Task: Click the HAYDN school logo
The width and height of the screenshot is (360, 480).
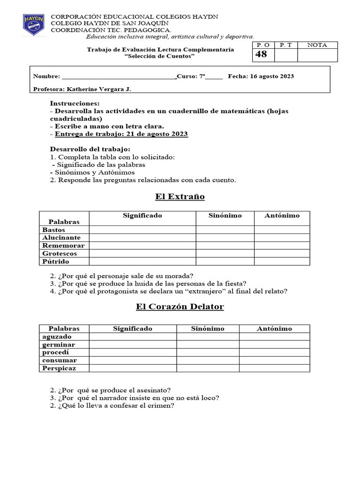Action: pyautogui.click(x=34, y=25)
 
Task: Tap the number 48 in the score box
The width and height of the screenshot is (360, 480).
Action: pyautogui.click(x=261, y=54)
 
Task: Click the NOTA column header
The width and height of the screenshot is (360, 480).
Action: pyautogui.click(x=317, y=45)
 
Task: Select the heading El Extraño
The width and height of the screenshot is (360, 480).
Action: pyautogui.click(x=180, y=196)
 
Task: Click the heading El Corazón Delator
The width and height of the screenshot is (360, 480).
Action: pyautogui.click(x=180, y=307)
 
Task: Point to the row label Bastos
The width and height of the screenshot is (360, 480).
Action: pyautogui.click(x=54, y=230)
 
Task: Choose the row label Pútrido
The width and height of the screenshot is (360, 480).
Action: pyautogui.click(x=56, y=261)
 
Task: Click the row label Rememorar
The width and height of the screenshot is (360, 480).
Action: pyautogui.click(x=63, y=246)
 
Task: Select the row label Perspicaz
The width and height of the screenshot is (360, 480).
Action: pyautogui.click(x=59, y=368)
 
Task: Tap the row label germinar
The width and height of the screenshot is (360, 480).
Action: pyautogui.click(x=59, y=345)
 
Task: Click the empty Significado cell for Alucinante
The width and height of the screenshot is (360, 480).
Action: pyautogui.click(x=142, y=238)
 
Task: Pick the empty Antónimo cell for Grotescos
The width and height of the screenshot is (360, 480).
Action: pyautogui.click(x=282, y=254)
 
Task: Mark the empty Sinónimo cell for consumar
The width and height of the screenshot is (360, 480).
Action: pyautogui.click(x=208, y=360)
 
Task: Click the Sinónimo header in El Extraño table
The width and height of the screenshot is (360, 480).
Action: pyautogui.click(x=225, y=216)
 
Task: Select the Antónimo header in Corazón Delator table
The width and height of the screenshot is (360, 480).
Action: pyautogui.click(x=274, y=329)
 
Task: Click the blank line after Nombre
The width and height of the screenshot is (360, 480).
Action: pyautogui.click(x=119, y=76)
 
